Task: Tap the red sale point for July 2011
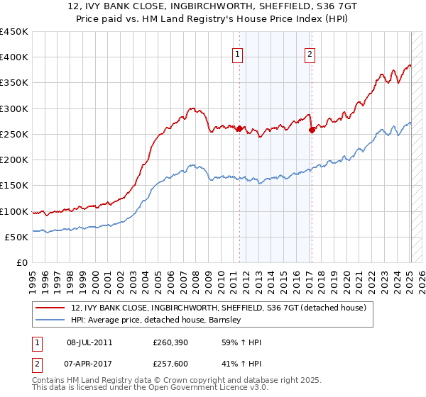point(239,129)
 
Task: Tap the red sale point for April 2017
point(312,130)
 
